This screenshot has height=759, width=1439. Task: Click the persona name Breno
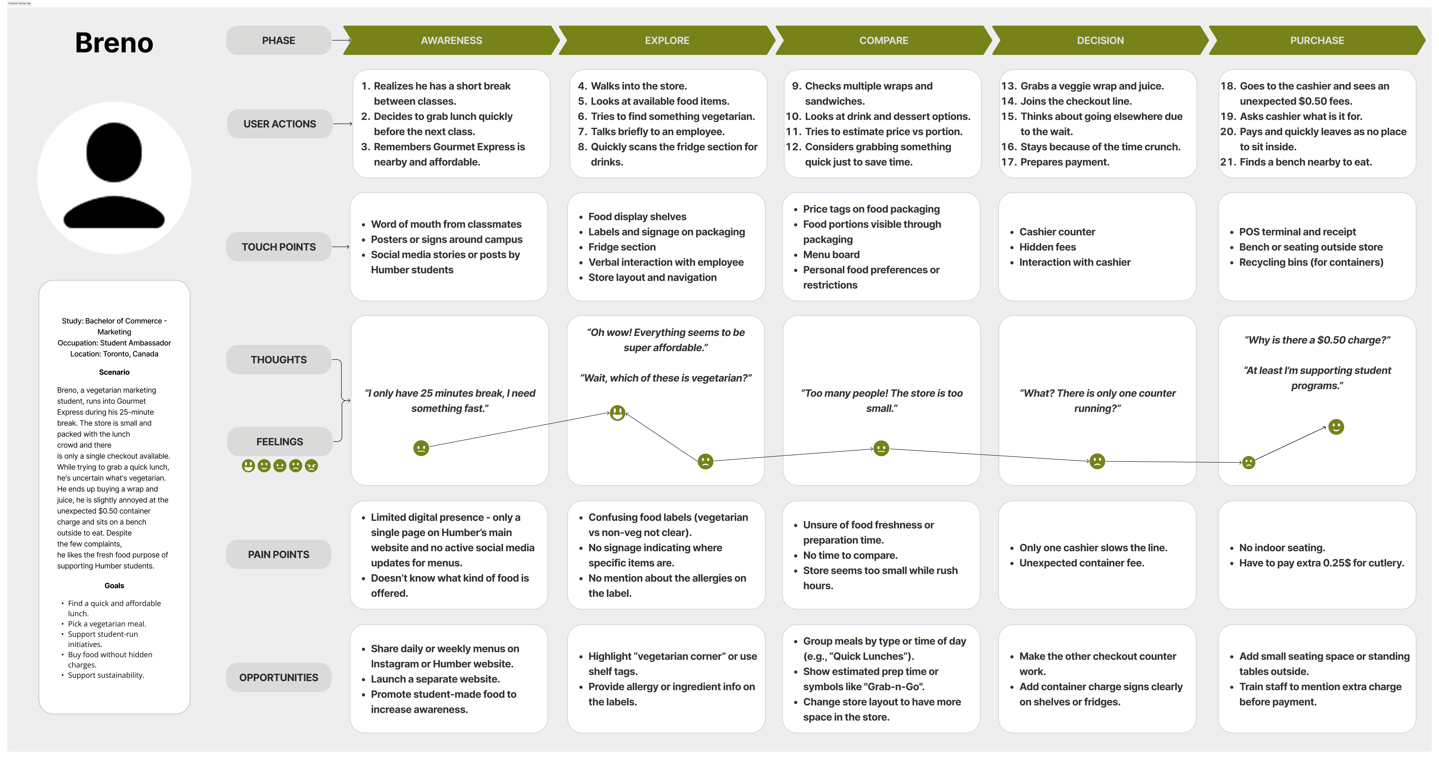coord(114,43)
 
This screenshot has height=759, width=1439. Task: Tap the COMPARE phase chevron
coord(883,40)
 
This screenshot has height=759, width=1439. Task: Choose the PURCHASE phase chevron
coord(1317,40)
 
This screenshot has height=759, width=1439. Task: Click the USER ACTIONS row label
coord(279,124)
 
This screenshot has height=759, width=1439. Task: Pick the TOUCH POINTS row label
coord(278,247)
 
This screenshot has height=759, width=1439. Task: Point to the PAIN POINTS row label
coord(278,555)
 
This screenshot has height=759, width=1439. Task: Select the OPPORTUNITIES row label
coord(278,678)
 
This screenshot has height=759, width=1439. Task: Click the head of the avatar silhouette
coord(114,152)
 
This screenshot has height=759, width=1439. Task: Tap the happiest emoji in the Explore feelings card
coord(617,413)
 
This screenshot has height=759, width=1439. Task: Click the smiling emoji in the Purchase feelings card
coord(1336,427)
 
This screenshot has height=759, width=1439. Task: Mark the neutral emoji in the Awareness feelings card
coord(421,448)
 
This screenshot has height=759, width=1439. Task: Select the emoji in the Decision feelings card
coord(1097,461)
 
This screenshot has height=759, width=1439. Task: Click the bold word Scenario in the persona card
coord(114,372)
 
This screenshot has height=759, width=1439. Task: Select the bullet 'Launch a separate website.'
coord(435,679)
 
